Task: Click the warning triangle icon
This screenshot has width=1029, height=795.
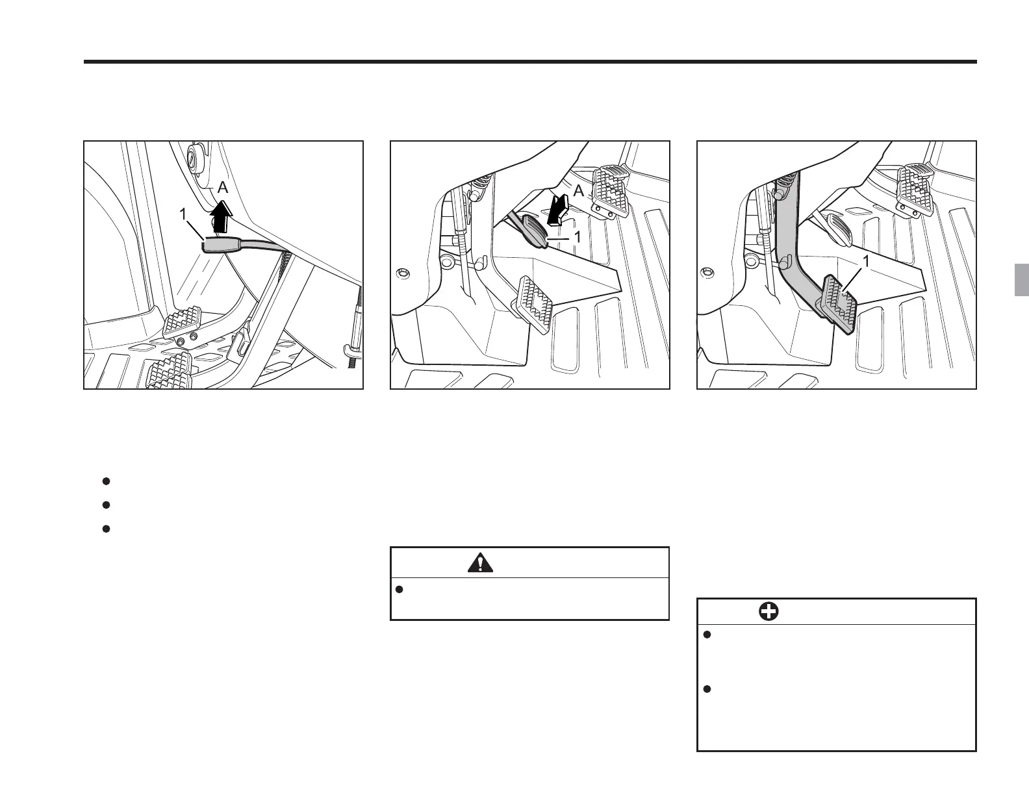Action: pyautogui.click(x=479, y=562)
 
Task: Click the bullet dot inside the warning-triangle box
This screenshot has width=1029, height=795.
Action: pyautogui.click(x=400, y=589)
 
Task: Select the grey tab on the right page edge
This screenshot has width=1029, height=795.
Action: pyautogui.click(x=1022, y=280)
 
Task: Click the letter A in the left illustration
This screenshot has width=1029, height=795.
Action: pyautogui.click(x=223, y=188)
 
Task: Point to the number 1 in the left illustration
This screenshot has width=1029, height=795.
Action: pyautogui.click(x=184, y=214)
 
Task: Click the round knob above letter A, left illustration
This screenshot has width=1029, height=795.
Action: pyautogui.click(x=193, y=157)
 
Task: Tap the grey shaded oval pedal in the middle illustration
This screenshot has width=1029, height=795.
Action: pyautogui.click(x=538, y=233)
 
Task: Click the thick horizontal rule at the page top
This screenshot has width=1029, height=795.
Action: pyautogui.click(x=529, y=62)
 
